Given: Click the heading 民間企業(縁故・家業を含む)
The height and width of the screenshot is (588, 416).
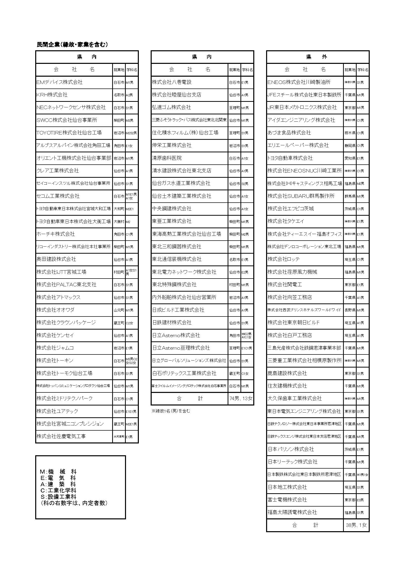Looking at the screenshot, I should click(72, 44).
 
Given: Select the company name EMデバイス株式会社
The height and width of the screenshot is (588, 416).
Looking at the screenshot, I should click(60, 82).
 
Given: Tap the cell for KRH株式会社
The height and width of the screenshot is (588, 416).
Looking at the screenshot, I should click(52, 95).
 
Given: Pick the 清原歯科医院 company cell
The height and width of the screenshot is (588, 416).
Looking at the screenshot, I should click(167, 158).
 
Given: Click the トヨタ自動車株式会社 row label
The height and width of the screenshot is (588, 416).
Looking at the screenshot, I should click(290, 158).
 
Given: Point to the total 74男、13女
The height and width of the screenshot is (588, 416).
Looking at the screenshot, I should click(240, 398).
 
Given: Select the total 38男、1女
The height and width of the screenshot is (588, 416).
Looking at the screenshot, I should click(356, 525).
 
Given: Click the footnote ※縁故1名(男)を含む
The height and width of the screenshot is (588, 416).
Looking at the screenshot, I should click(171, 411).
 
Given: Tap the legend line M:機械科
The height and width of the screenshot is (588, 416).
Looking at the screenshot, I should click(58, 472).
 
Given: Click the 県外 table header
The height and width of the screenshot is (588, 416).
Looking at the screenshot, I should click(318, 57).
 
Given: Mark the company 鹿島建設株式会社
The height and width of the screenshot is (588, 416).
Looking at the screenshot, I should click(287, 373).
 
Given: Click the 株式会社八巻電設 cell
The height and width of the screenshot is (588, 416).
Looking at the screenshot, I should click(172, 82).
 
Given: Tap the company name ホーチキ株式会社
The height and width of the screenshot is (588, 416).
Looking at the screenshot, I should click(56, 234).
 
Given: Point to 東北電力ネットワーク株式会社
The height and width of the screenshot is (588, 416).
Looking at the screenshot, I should click(184, 272).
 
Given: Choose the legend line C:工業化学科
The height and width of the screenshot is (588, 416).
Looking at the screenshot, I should click(58, 490).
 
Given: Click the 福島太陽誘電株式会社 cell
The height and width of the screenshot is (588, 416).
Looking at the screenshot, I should click(292, 512).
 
